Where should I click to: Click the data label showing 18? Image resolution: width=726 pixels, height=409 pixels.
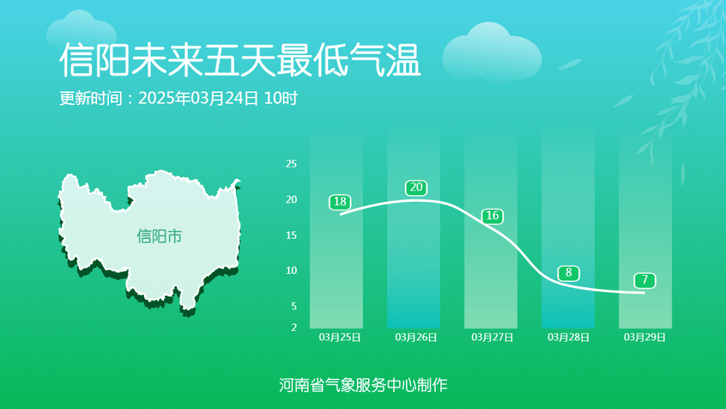340,202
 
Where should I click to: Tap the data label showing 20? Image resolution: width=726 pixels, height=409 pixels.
416,188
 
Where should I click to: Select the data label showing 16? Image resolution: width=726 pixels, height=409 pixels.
493,216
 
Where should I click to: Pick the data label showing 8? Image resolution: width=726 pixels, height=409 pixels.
569,273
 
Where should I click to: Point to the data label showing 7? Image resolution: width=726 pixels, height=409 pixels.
645,280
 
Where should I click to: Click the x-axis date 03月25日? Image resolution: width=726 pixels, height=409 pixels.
339,337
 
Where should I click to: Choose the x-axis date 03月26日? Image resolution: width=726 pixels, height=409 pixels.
416,337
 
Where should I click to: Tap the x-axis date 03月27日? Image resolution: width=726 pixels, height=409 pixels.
492,337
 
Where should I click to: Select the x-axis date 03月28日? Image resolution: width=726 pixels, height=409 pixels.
569,337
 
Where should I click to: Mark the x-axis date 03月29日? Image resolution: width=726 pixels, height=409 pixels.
645,337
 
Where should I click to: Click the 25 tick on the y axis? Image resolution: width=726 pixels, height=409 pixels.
292,163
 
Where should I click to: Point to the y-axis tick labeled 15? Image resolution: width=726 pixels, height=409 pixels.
292,235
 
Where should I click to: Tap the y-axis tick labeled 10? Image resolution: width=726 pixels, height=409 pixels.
292,270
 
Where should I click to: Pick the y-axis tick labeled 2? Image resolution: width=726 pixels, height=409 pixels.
294,328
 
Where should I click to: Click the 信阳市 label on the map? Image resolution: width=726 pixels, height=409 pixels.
159,236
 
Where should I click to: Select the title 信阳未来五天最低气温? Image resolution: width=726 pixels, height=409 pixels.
240,61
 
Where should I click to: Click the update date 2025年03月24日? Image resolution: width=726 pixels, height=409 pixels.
198,98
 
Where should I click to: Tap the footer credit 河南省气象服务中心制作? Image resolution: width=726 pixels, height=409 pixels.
363,385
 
